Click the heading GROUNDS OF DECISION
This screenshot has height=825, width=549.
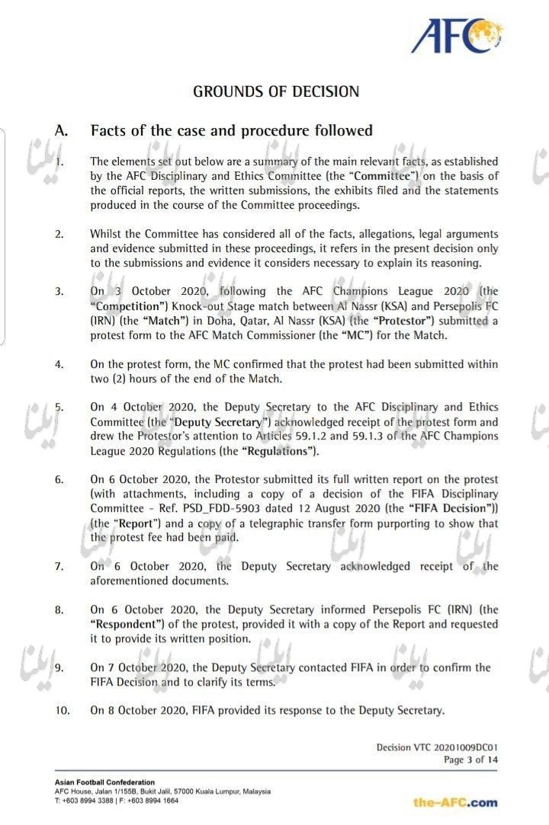pyautogui.click(x=275, y=91)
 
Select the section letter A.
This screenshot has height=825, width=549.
pyautogui.click(x=62, y=131)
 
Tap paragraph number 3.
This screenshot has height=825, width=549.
pyautogui.click(x=59, y=292)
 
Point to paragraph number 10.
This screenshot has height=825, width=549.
pyautogui.click(x=62, y=711)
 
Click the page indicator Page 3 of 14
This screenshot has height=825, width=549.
pyautogui.click(x=470, y=760)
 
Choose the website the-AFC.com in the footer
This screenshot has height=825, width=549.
pyautogui.click(x=455, y=802)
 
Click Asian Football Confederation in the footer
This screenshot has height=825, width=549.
pyautogui.click(x=104, y=782)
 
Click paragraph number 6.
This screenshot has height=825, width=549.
pyautogui.click(x=59, y=480)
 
